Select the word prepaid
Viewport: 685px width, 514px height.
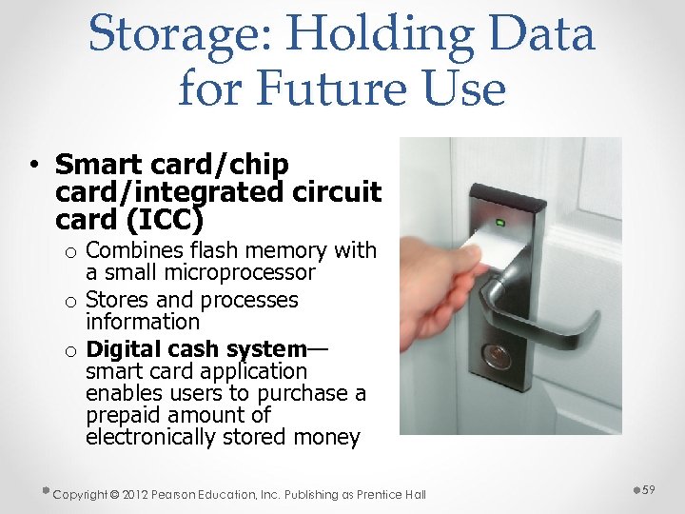123,415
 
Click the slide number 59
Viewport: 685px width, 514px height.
649,489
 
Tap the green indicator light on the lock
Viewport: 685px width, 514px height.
499,223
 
